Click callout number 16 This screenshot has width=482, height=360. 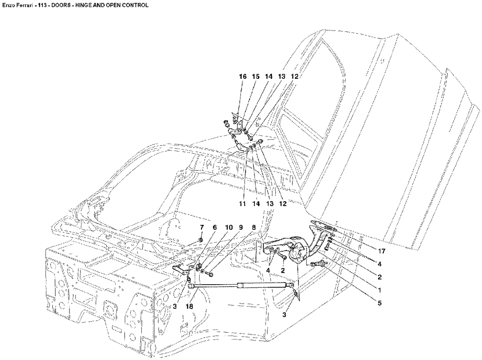242,77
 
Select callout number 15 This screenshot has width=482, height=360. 255,77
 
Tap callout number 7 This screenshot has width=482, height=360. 202,227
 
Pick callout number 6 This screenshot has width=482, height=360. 215,227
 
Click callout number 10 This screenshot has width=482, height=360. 229,227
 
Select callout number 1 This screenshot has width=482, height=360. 380,289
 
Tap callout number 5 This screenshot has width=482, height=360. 380,302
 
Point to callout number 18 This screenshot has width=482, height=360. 189,307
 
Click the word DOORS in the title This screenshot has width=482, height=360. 59,5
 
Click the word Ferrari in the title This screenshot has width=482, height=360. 24,5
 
